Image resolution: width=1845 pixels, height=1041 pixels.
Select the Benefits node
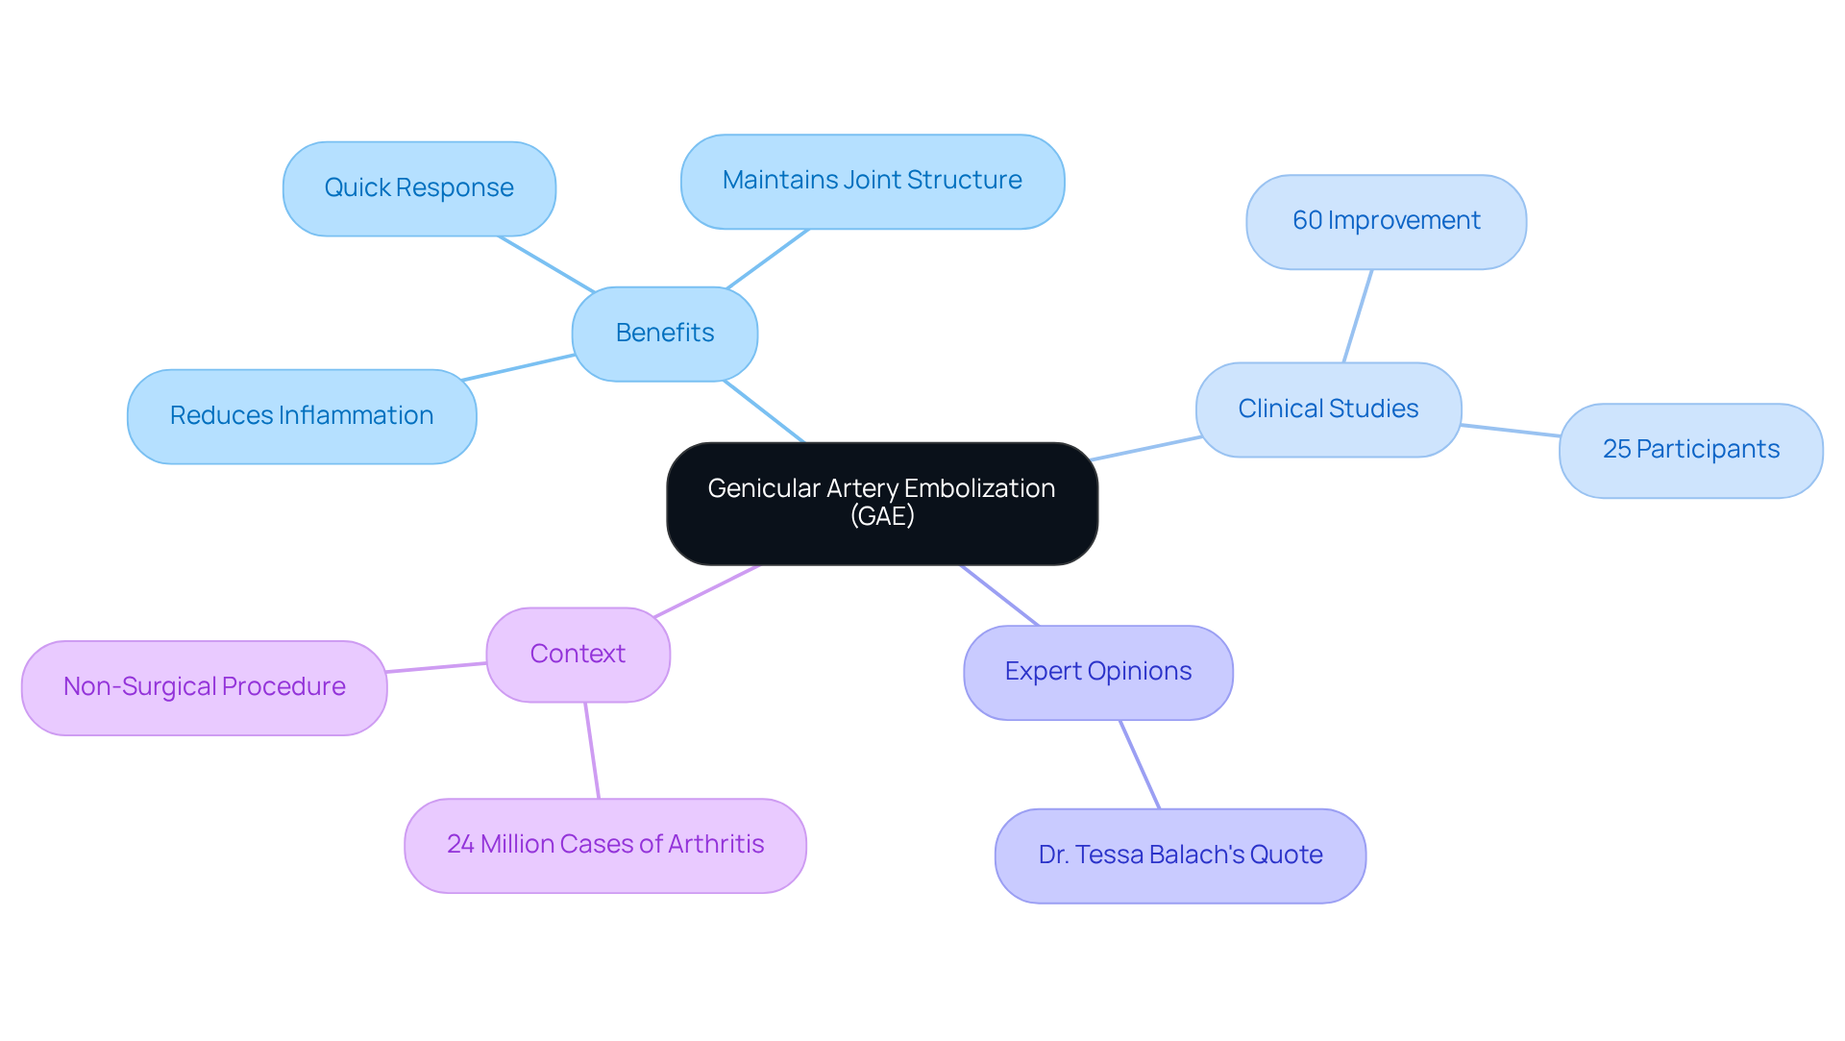pyautogui.click(x=664, y=334)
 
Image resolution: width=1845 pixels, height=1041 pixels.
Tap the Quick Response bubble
pyautogui.click(x=419, y=188)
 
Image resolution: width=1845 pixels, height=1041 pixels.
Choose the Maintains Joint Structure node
pyautogui.click(x=872, y=182)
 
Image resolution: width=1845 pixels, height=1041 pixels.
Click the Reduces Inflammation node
pyautogui.click(x=302, y=416)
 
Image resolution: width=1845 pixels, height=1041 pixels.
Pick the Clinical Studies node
pyautogui.click(x=1328, y=409)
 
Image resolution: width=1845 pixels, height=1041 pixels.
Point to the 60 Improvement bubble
pyautogui.click(x=1386, y=221)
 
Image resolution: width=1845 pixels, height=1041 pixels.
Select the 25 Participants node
pyautogui.click(x=1690, y=450)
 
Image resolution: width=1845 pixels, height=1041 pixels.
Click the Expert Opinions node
pyautogui.click(x=1097, y=672)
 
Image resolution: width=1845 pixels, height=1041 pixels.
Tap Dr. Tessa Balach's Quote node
pyautogui.click(x=1180, y=855)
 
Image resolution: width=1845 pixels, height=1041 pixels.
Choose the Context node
pyautogui.click(x=578, y=655)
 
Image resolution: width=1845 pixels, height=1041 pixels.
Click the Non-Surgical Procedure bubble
pyautogui.click(x=204, y=687)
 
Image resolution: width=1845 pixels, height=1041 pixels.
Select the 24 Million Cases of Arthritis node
pyautogui.click(x=604, y=845)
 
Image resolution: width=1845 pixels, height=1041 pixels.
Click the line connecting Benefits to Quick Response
pyautogui.click(x=546, y=263)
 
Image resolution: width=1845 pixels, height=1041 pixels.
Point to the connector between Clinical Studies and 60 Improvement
pyautogui.click(x=1357, y=316)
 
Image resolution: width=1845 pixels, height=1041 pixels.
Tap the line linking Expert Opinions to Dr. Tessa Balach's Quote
pyautogui.click(x=1140, y=764)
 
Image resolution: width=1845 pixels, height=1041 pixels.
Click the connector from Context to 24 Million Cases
pyautogui.click(x=592, y=750)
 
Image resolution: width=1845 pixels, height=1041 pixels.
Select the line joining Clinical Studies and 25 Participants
pyautogui.click(x=1510, y=431)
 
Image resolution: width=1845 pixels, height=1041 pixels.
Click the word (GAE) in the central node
pyautogui.click(x=881, y=516)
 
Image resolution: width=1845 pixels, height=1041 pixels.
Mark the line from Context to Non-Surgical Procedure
pyautogui.click(x=436, y=667)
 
